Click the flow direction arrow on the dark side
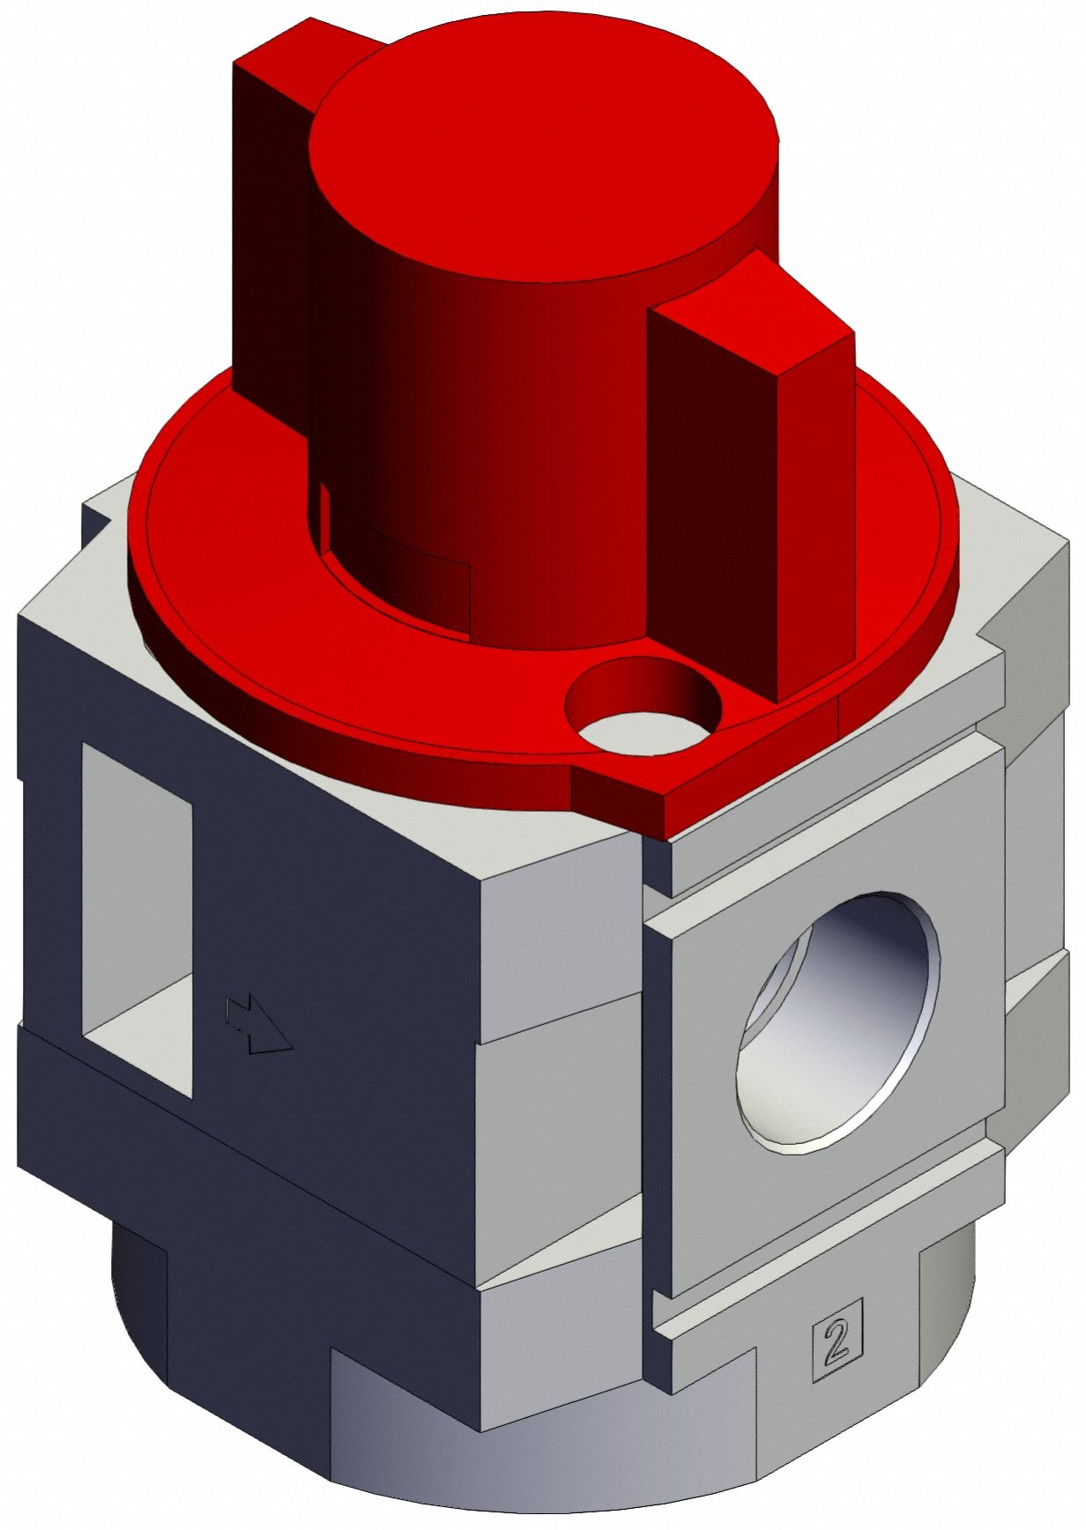(257, 1024)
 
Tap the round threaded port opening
(837, 1022)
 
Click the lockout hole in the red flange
(643, 705)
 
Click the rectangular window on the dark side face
(137, 917)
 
